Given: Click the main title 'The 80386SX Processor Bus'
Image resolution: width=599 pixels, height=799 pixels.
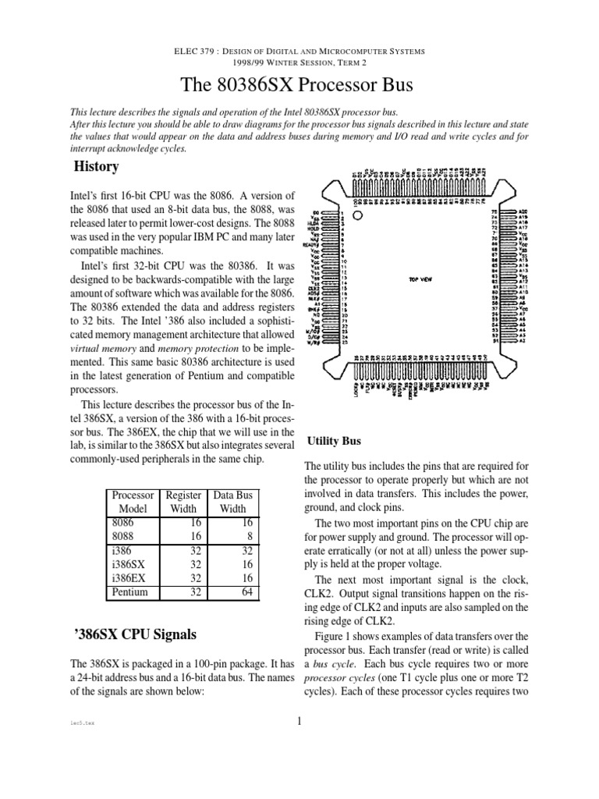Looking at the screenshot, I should coord(299,87).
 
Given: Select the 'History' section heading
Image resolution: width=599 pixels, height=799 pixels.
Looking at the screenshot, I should coord(96,166).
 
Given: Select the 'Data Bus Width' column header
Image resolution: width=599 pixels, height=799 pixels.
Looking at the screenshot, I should coord(234,502).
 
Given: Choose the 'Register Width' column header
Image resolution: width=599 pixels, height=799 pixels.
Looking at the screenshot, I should coord(184,502).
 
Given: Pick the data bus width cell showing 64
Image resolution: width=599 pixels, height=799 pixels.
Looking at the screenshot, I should coord(248,592).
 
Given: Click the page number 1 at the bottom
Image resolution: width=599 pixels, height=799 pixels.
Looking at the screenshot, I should coord(299,721).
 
